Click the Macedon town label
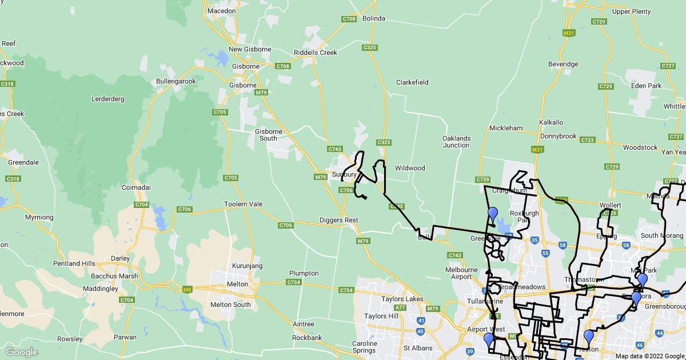[x=221, y=11]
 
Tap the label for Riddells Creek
[x=315, y=53]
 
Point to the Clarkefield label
[x=412, y=82]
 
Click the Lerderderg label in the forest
[x=107, y=99]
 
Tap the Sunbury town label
[x=345, y=174]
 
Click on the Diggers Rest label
[x=338, y=221]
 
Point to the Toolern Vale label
[x=243, y=204]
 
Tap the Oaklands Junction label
[x=456, y=142]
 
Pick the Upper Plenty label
[x=631, y=11]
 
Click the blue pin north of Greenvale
[x=493, y=215]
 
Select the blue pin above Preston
[x=588, y=337]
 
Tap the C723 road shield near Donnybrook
[x=587, y=139]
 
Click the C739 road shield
[x=482, y=179]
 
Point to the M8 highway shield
[x=187, y=290]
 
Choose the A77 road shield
[x=400, y=307]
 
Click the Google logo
[x=22, y=352]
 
